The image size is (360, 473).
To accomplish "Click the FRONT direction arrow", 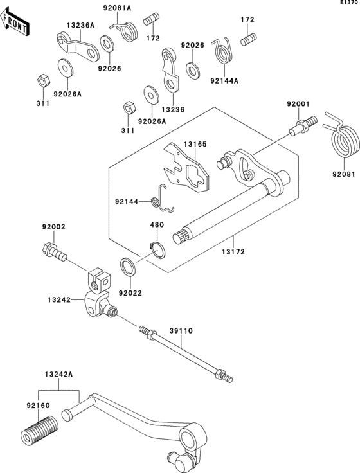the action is [x=15, y=22].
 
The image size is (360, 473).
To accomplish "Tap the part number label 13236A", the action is [x=80, y=25].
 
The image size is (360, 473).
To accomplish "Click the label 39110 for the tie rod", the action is [x=181, y=331].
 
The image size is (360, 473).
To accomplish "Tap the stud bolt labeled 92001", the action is [x=303, y=126].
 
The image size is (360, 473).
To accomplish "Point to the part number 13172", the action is [x=233, y=251].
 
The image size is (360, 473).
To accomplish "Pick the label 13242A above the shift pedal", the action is [x=59, y=375].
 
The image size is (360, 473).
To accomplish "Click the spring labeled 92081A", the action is [x=125, y=31].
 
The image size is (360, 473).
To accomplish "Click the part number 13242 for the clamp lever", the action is [x=59, y=300].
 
